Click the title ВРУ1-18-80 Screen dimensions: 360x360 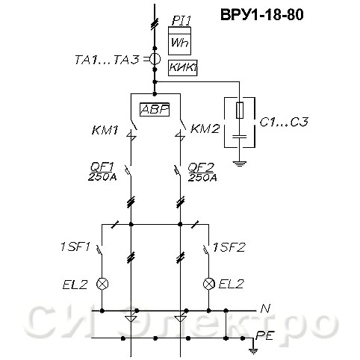[262, 15]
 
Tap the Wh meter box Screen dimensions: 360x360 [179, 41]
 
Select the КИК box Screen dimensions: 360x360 [183, 68]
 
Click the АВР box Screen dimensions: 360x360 [155, 110]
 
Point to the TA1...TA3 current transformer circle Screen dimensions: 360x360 [155, 59]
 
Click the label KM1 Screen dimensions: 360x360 [105, 130]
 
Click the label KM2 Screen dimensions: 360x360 [205, 129]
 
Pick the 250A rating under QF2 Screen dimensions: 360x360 [202, 178]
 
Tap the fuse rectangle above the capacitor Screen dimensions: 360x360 [240, 110]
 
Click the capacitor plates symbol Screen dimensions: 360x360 [240, 137]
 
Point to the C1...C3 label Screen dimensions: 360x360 [284, 122]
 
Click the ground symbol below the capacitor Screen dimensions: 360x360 [240, 164]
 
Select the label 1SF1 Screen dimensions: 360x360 [75, 247]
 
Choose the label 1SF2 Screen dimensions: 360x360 [229, 247]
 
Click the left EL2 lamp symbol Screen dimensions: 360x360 [102, 284]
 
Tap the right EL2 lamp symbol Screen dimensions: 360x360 [209, 284]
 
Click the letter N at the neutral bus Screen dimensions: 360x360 [265, 309]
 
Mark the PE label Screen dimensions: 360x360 [264, 335]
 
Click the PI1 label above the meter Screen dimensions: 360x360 [181, 21]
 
